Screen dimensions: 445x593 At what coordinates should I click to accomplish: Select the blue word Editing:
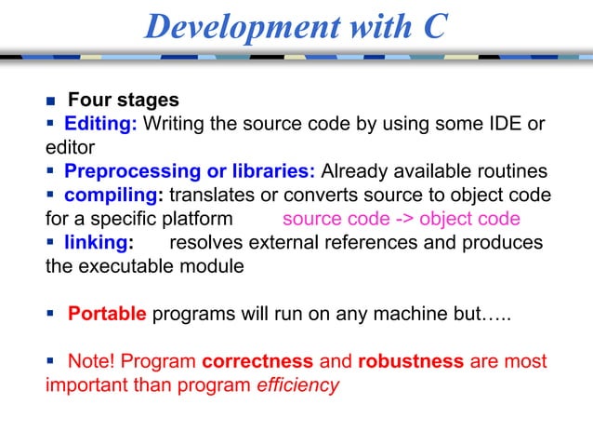coord(100,124)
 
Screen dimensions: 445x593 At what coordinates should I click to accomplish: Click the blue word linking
coord(97,243)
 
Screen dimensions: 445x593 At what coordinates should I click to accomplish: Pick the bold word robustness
coord(410,360)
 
